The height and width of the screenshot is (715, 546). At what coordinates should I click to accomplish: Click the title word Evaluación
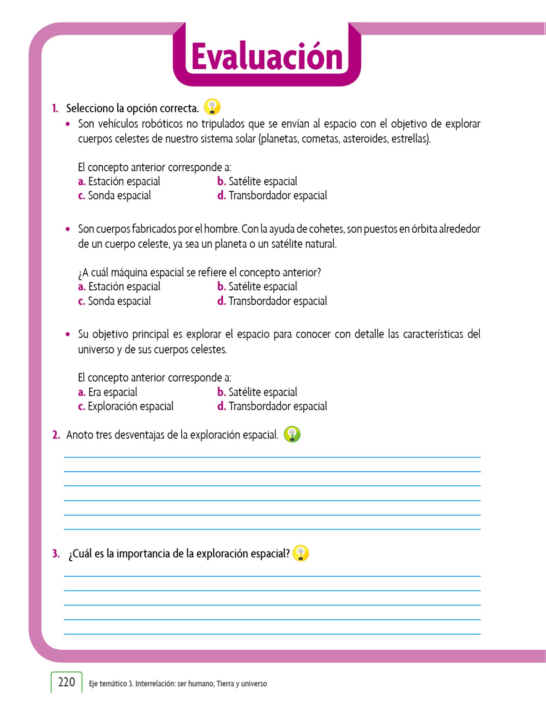[x=267, y=57]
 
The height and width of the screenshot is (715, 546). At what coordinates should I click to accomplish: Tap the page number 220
[x=66, y=682]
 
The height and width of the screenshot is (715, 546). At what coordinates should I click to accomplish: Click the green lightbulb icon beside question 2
[x=292, y=434]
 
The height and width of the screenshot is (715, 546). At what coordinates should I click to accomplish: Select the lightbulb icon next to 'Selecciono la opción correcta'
[x=212, y=107]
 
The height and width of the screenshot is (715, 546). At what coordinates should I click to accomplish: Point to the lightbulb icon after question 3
[x=301, y=553]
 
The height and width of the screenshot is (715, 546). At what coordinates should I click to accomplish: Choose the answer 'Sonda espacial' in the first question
[x=119, y=196]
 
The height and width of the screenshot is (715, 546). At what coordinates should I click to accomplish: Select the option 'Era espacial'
[x=112, y=392]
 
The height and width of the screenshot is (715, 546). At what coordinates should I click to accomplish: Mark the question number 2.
[x=56, y=435]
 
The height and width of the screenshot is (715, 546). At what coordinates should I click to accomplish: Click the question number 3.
[x=56, y=554]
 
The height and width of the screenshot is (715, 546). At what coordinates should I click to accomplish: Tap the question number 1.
[x=55, y=109]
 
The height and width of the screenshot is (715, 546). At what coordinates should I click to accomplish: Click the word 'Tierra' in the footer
[x=225, y=684]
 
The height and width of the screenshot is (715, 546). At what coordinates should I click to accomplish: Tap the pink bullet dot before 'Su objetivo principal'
[x=68, y=334]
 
